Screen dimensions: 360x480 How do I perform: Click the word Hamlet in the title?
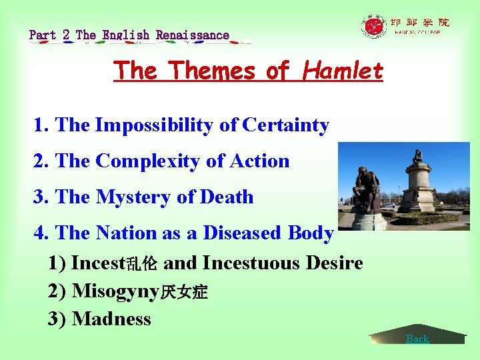click(x=343, y=70)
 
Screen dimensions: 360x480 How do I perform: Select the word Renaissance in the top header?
click(x=193, y=35)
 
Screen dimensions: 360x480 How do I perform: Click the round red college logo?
click(x=374, y=27)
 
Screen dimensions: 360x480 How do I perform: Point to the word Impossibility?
click(x=167, y=125)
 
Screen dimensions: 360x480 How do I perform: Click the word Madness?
click(x=111, y=319)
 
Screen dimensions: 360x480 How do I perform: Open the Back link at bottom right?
click(x=417, y=339)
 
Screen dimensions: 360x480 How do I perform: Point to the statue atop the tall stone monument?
click(x=418, y=157)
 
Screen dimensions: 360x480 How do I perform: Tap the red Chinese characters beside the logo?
click(x=419, y=22)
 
